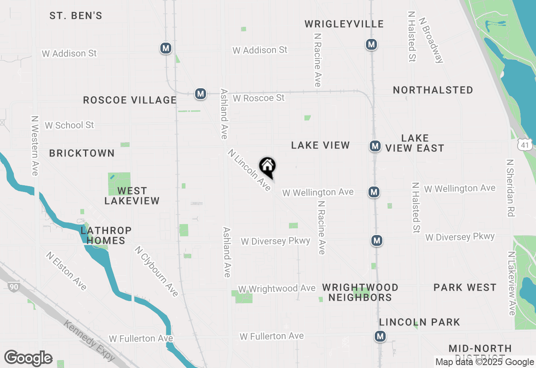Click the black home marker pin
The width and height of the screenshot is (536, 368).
(267, 166)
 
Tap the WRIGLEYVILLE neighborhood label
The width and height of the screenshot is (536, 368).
(344, 24)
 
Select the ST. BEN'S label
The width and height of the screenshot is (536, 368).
(76, 16)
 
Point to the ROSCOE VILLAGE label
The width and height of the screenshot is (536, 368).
(130, 100)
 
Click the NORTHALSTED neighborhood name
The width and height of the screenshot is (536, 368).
(433, 90)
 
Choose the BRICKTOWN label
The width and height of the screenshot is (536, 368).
(82, 153)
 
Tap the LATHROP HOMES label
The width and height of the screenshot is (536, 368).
(106, 235)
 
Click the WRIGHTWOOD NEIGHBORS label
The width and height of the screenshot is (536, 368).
(360, 292)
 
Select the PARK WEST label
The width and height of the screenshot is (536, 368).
(465, 287)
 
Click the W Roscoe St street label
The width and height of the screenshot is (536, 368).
(259, 98)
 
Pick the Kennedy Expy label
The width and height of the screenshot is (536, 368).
(89, 340)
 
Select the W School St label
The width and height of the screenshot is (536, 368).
(70, 125)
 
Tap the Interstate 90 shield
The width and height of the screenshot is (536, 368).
(13, 286)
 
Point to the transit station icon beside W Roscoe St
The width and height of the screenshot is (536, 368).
(201, 94)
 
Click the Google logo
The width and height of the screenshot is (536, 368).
(28, 358)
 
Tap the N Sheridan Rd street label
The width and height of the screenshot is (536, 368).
(510, 187)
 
